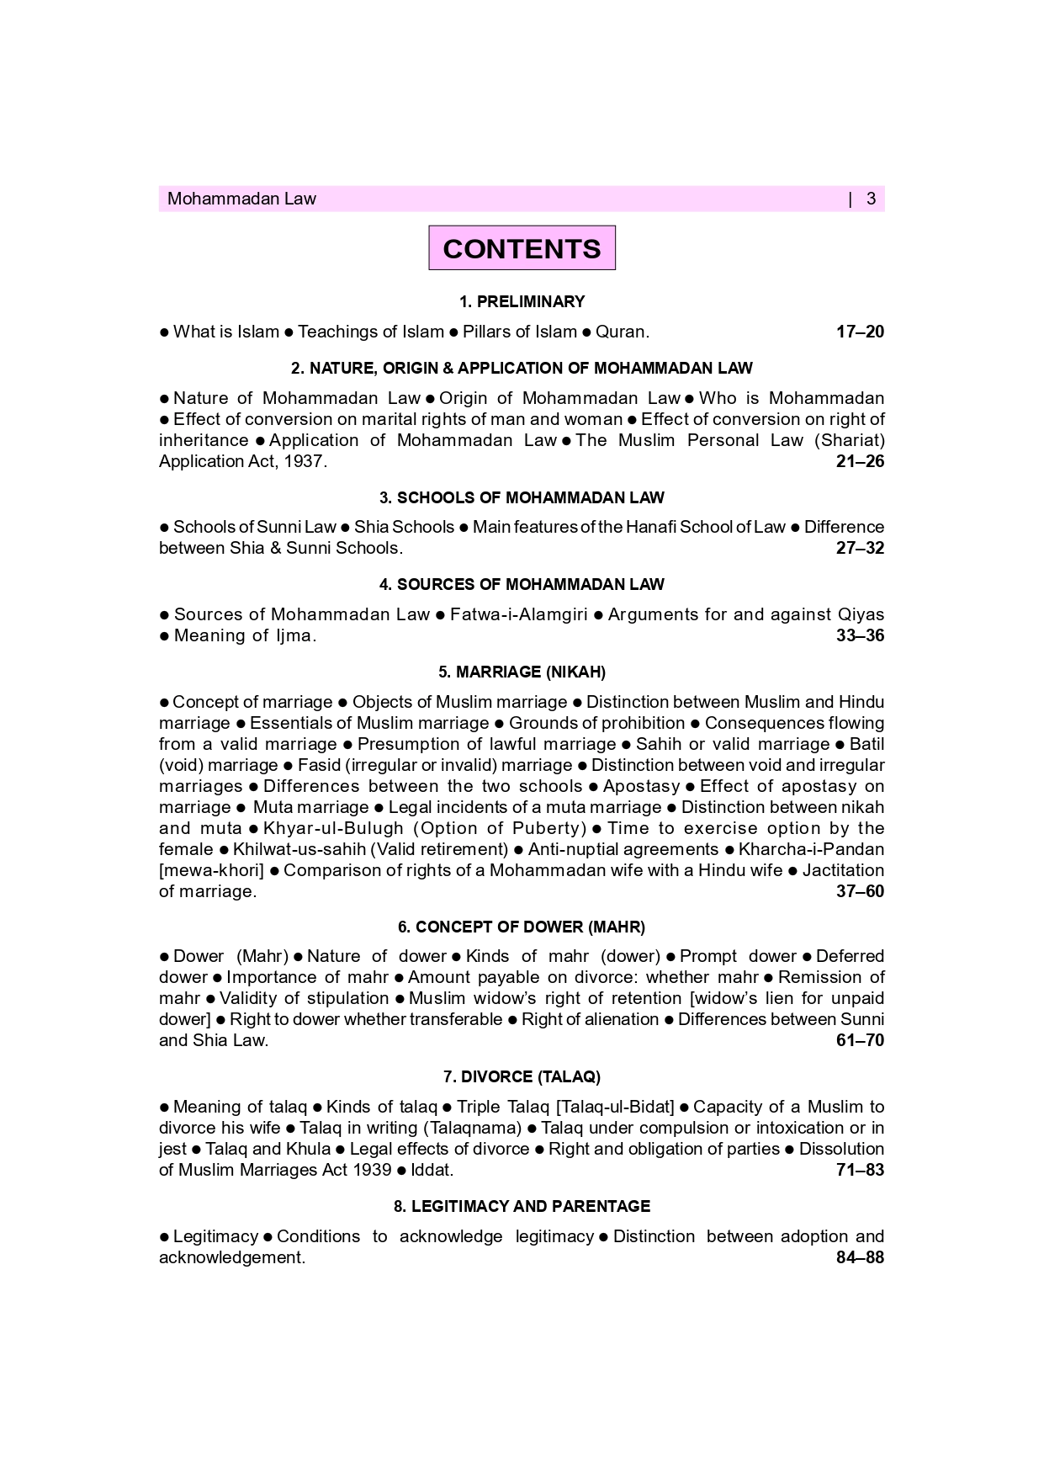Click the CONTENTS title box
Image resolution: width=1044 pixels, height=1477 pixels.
pyautogui.click(x=522, y=248)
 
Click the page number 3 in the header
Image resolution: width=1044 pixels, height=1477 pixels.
pyautogui.click(x=871, y=199)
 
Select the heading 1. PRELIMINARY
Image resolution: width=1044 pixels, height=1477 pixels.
pyautogui.click(x=522, y=301)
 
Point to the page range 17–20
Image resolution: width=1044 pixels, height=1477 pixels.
pyautogui.click(x=860, y=332)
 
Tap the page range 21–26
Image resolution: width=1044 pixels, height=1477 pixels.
pyautogui.click(x=860, y=461)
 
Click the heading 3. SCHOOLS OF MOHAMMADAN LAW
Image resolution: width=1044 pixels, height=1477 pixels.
pyautogui.click(x=522, y=497)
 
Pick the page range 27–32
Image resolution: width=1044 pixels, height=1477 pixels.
pyautogui.click(x=860, y=548)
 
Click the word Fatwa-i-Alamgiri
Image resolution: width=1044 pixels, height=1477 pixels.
pyautogui.click(x=518, y=614)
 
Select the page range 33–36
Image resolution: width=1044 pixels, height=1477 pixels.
pyautogui.click(x=860, y=635)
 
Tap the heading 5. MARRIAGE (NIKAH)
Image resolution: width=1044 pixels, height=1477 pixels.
pyautogui.click(x=522, y=672)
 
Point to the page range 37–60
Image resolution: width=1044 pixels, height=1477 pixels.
pyautogui.click(x=860, y=891)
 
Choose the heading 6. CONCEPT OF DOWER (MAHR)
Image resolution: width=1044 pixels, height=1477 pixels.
pyautogui.click(x=522, y=927)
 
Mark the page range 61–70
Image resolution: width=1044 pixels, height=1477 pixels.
pyautogui.click(x=860, y=1040)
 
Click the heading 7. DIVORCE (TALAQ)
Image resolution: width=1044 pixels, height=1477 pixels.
pyautogui.click(x=522, y=1076)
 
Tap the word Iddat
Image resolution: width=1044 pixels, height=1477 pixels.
pyautogui.click(x=431, y=1170)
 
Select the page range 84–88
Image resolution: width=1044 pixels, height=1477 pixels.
pyautogui.click(x=860, y=1257)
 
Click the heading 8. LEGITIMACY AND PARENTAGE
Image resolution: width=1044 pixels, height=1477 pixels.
pyautogui.click(x=522, y=1206)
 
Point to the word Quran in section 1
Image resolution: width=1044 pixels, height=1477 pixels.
pyautogui.click(x=621, y=332)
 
